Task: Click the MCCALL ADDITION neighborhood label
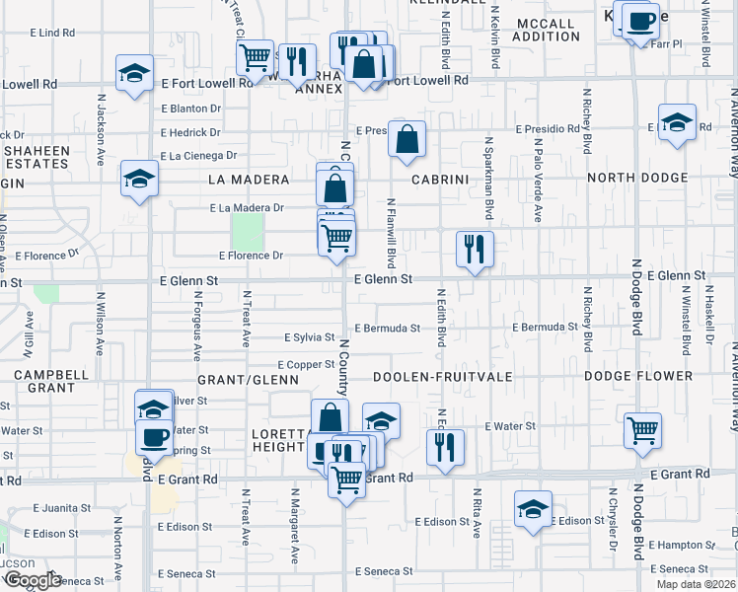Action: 546,30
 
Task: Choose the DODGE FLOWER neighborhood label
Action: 637,376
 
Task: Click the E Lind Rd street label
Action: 54,33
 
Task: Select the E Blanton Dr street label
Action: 190,109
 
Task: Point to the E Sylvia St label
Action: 309,337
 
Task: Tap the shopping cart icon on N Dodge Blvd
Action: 642,430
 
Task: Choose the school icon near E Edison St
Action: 534,509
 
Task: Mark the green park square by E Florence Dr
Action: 248,232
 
